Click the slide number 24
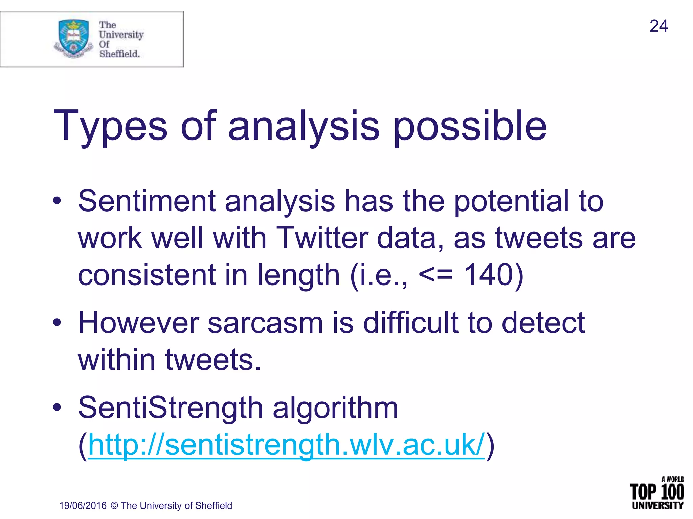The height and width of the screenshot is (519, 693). pos(658,26)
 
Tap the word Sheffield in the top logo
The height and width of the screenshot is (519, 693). pos(119,54)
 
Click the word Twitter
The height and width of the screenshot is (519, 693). pos(322,238)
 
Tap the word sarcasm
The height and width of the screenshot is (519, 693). pos(265,323)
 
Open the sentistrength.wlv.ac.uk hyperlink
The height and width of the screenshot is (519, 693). pos(286,445)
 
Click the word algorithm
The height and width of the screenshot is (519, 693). pos(335,408)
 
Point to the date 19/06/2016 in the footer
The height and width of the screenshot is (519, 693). pos(83,506)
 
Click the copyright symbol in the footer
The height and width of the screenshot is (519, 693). pos(114,506)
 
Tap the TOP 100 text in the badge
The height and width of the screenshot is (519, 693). pos(657,492)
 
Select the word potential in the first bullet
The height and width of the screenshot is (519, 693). pos(511,201)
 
